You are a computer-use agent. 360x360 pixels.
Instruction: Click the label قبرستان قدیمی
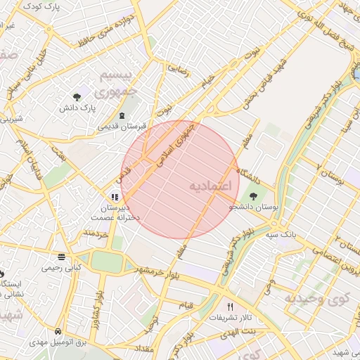[122, 127]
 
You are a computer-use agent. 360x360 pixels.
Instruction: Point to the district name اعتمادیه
[211, 186]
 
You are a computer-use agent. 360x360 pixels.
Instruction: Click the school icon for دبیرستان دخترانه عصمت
[114, 198]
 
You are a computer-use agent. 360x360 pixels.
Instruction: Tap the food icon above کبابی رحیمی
[63, 256]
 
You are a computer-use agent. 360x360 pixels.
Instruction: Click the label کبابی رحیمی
[63, 267]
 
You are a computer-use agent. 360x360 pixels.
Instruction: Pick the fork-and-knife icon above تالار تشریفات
[230, 307]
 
